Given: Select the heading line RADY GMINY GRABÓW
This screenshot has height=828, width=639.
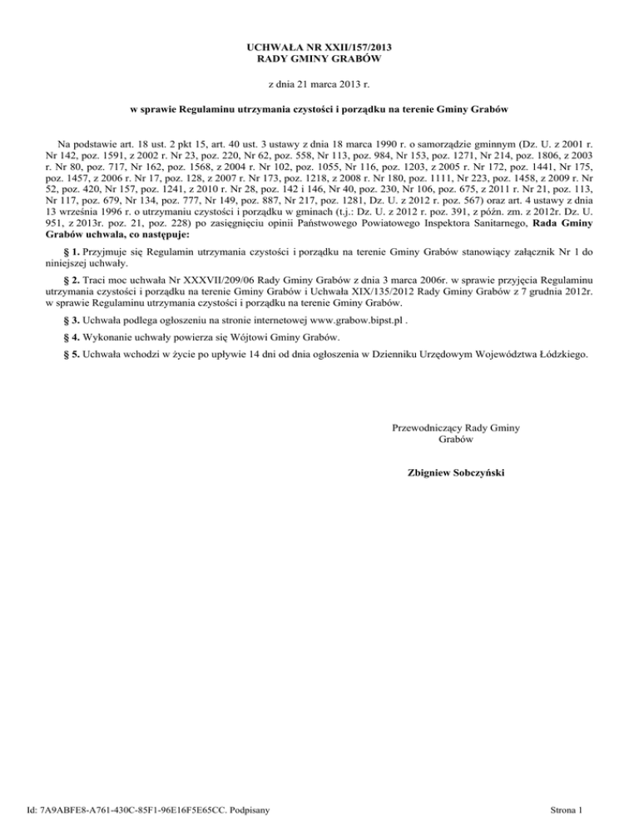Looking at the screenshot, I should click(319, 60).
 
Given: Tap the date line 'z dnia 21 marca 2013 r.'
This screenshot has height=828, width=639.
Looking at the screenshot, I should click(319, 85).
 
